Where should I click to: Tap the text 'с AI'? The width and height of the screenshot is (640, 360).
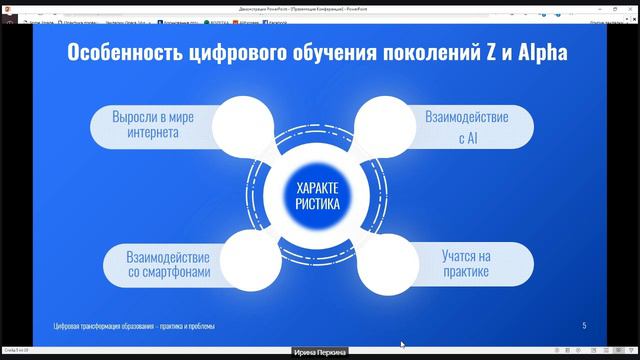(x=467, y=139)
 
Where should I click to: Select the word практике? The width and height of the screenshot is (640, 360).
(x=467, y=272)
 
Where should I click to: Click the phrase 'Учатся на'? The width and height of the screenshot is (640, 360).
(x=467, y=255)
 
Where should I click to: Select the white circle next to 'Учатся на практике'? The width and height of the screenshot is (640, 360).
(x=392, y=262)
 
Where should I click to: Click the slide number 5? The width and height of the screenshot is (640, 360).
(x=584, y=326)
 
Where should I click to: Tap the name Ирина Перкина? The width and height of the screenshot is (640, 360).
(x=319, y=353)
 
